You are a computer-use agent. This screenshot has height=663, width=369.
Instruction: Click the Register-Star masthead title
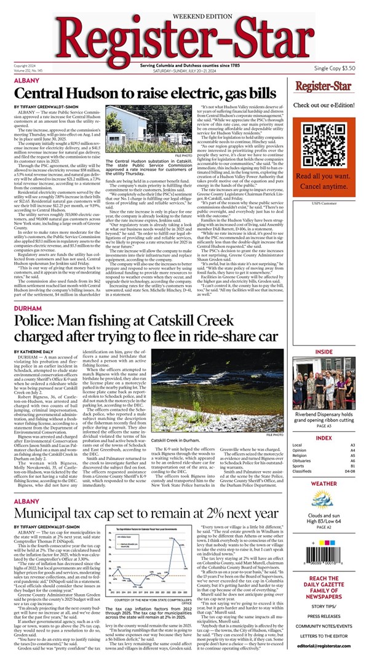click(184, 38)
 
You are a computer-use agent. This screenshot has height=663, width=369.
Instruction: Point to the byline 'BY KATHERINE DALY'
click(34, 352)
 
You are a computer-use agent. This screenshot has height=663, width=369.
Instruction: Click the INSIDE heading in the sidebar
click(332, 352)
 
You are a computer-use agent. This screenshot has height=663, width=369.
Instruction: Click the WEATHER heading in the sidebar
click(332, 483)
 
